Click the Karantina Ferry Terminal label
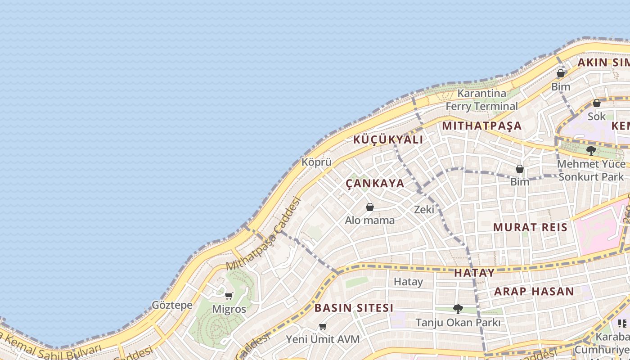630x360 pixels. click(481, 100)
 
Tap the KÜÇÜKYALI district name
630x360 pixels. click(388, 139)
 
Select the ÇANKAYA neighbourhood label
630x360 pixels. click(375, 184)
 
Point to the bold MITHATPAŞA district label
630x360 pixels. click(481, 126)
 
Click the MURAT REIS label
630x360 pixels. click(531, 227)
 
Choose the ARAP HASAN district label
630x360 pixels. click(534, 292)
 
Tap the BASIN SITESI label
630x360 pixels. click(354, 308)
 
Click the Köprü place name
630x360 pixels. click(316, 162)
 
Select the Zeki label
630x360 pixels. click(424, 209)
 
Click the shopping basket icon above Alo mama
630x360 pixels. click(370, 207)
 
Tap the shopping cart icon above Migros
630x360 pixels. click(229, 296)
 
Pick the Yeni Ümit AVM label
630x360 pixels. click(323, 339)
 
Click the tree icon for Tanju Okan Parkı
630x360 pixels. click(458, 309)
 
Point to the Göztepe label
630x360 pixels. click(172, 305)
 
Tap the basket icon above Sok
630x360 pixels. click(597, 103)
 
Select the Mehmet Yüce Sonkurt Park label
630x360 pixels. click(591, 171)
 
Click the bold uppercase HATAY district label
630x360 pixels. click(474, 273)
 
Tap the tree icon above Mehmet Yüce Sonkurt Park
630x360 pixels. click(591, 150)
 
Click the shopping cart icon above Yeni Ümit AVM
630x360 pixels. click(323, 326)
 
